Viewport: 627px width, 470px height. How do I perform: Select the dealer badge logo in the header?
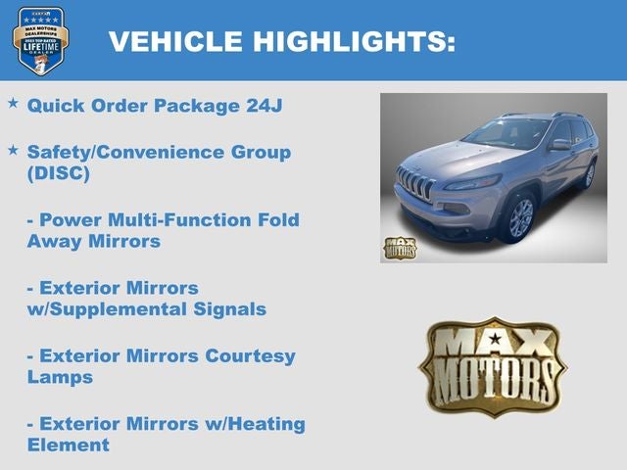tap(40, 40)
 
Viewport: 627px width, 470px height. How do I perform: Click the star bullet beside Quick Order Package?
tap(13, 103)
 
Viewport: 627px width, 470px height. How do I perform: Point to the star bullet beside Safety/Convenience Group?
tap(13, 151)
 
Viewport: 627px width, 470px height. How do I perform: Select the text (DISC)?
tap(58, 173)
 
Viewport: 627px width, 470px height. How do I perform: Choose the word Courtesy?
tap(250, 355)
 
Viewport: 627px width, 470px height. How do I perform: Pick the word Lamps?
tap(60, 377)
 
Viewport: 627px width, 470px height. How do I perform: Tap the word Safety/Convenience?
tap(127, 152)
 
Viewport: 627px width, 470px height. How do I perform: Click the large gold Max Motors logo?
tap(493, 366)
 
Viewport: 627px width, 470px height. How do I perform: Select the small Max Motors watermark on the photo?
tap(400, 247)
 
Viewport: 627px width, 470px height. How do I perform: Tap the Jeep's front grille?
tap(414, 185)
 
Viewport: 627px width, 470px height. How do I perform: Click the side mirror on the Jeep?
tap(559, 145)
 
